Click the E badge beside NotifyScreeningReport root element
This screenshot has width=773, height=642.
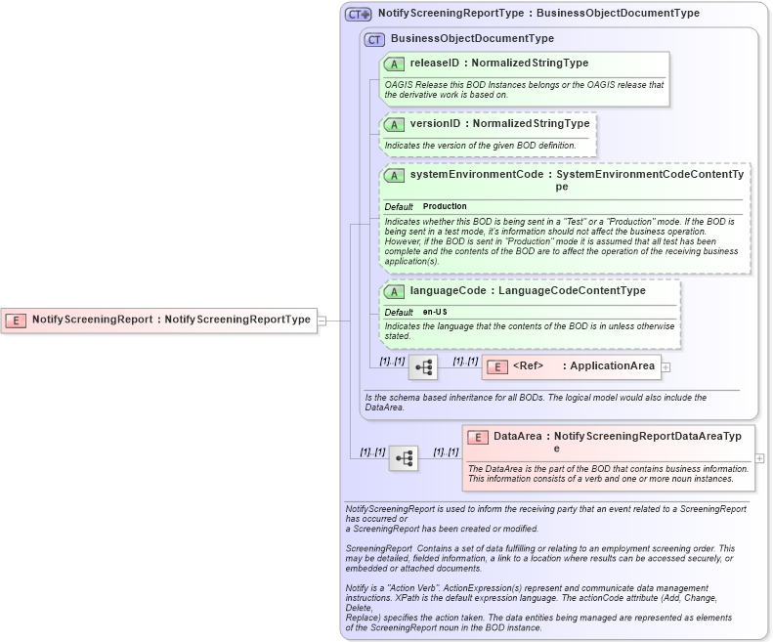coord(17,320)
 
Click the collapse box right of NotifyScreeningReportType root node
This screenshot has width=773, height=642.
coord(322,320)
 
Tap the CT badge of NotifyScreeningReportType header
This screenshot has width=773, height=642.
coord(358,15)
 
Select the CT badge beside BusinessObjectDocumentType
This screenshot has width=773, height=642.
coord(374,39)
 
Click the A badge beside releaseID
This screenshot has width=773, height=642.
coord(395,64)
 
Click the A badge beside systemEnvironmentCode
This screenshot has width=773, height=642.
coord(395,175)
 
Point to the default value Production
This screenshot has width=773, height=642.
coord(445,206)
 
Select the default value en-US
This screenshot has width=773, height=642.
coord(435,312)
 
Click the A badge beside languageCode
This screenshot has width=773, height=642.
coord(395,291)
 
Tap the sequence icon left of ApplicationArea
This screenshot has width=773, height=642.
coord(423,367)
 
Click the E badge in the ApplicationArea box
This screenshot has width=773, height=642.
coord(496,366)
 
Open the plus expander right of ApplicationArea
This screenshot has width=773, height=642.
coord(666,367)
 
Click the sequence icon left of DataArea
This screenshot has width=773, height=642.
coord(404,457)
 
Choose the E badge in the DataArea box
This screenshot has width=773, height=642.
coord(477,438)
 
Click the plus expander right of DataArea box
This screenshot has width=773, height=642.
coord(759,457)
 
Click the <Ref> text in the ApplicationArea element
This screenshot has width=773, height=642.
coord(528,366)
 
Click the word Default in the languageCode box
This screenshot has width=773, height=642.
coord(399,312)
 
